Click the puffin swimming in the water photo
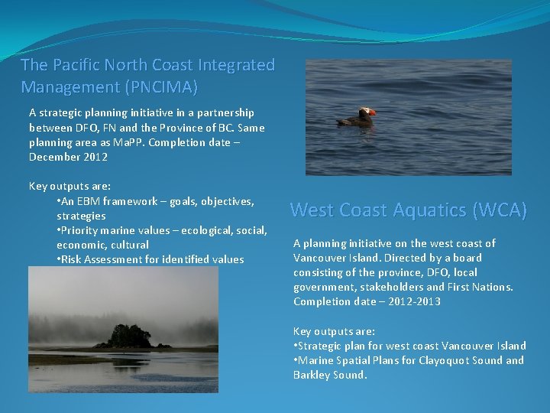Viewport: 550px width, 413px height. pos(357,117)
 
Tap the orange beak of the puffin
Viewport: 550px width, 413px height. pos(371,114)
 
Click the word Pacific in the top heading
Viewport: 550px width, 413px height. pos(77,65)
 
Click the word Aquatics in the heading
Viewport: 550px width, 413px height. pos(429,210)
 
